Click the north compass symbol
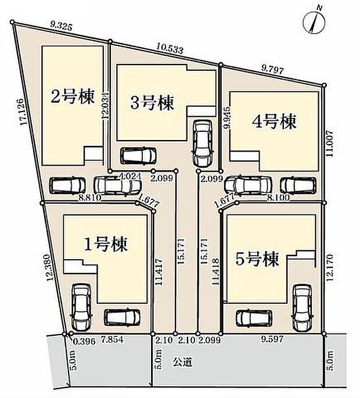point(315,22)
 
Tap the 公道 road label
point(183,361)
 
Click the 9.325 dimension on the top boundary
point(61,25)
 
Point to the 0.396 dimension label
point(78,340)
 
